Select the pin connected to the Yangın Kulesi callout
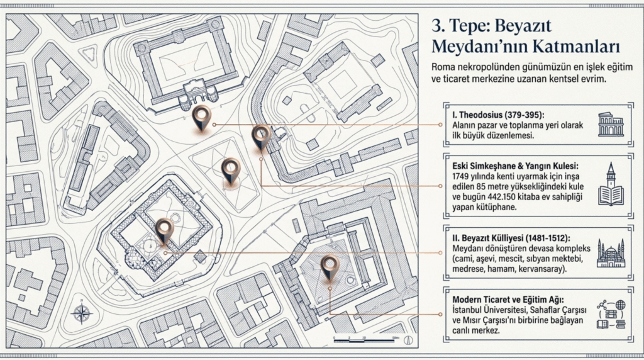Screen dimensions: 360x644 pos(260,136)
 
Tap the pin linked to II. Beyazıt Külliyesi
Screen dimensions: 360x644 pos(164,230)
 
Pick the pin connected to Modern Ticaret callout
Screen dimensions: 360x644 pos(329,267)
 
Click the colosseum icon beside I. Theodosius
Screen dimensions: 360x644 pos(611,125)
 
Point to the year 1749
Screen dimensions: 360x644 pos(462,176)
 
